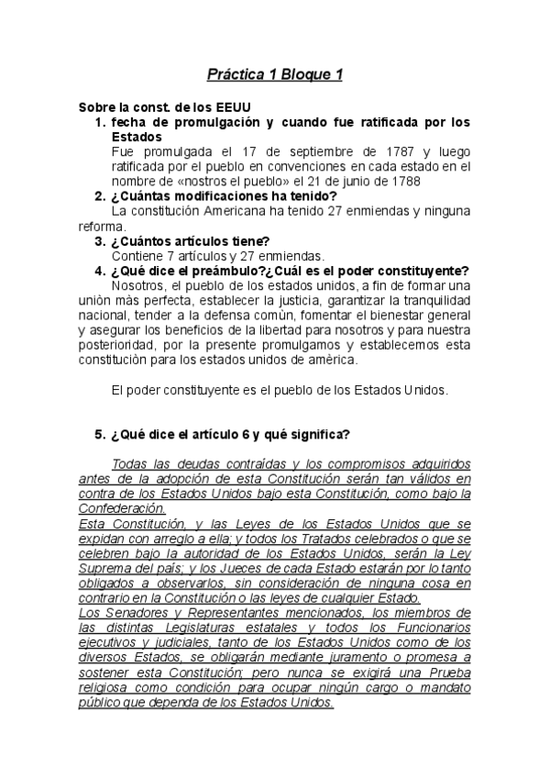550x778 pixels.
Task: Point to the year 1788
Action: coord(403,181)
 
